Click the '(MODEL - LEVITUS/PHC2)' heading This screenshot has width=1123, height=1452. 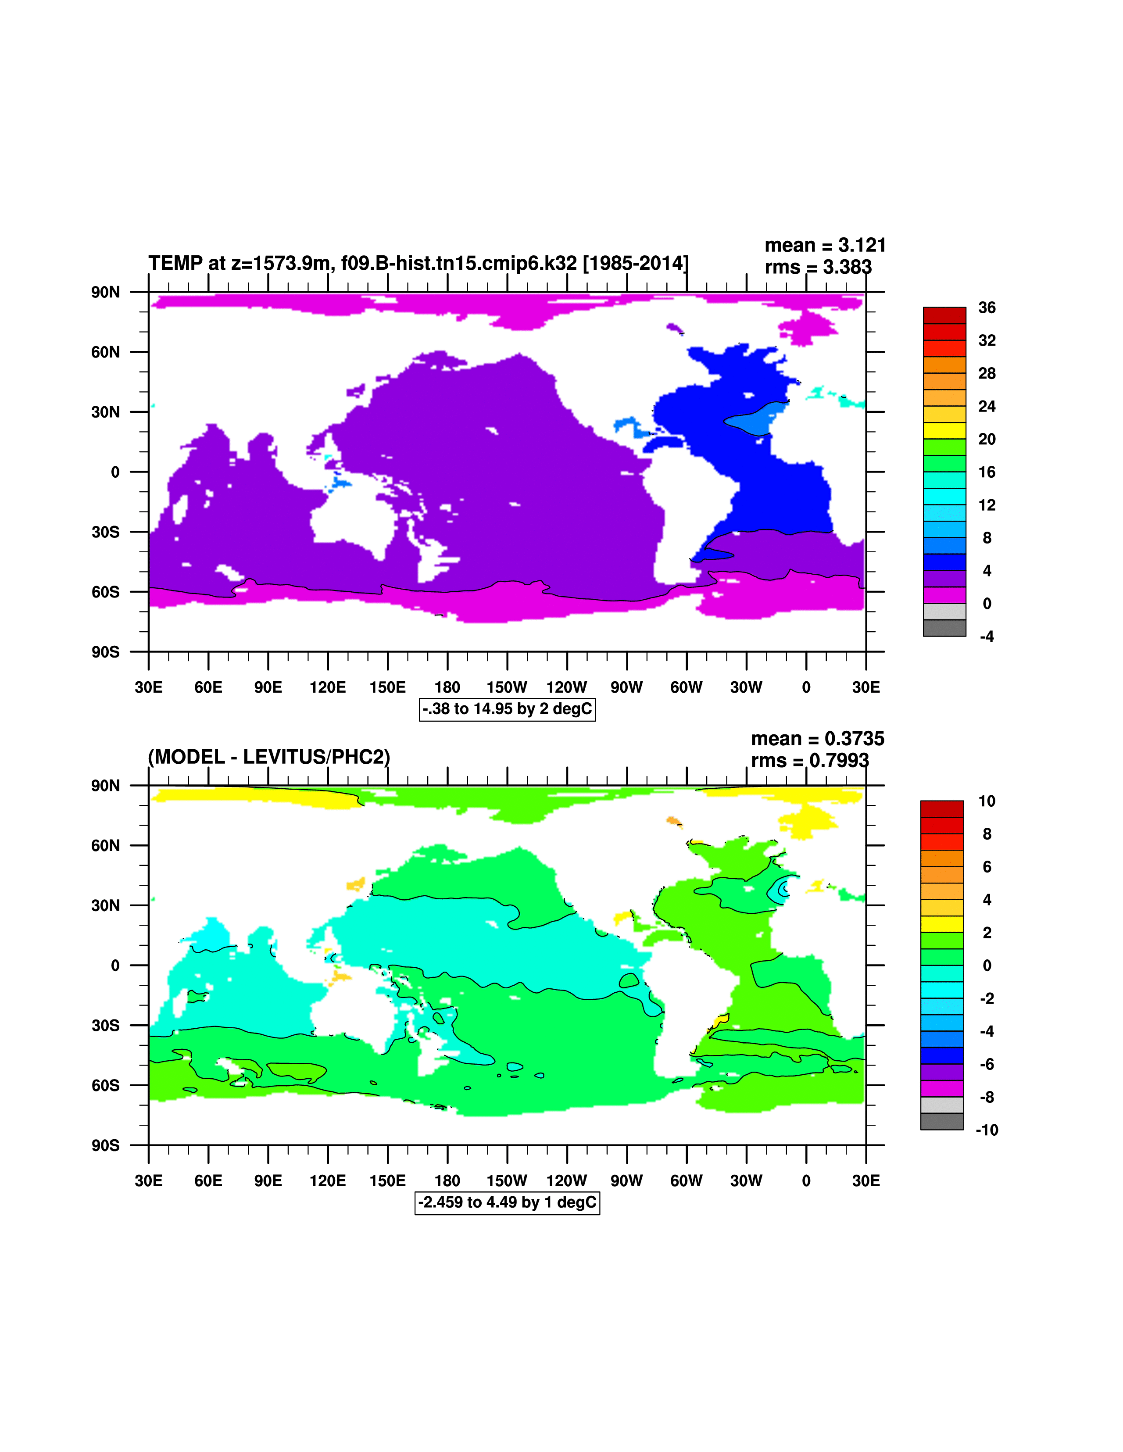coord(268,757)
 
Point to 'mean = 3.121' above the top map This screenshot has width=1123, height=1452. coord(825,245)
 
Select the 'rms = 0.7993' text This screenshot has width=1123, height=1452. coord(810,761)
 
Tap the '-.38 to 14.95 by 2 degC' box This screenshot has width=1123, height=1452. coord(507,709)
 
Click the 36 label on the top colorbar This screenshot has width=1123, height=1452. coord(987,308)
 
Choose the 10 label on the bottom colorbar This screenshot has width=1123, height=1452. coord(987,801)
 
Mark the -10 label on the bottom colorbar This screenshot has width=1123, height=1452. coord(986,1130)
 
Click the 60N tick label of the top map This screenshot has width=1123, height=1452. coord(106,352)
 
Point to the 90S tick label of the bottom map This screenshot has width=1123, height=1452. coord(106,1145)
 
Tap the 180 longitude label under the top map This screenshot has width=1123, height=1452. coord(447,687)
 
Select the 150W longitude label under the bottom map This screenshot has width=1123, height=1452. coord(507,1181)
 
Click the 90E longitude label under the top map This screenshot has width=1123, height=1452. coord(268,687)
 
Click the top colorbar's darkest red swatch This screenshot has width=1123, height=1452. coord(944,315)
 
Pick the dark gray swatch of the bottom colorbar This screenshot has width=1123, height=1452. coord(941,1122)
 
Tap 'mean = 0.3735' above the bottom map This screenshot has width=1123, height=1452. coord(817,739)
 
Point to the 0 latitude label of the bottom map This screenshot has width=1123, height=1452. coord(115,966)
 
